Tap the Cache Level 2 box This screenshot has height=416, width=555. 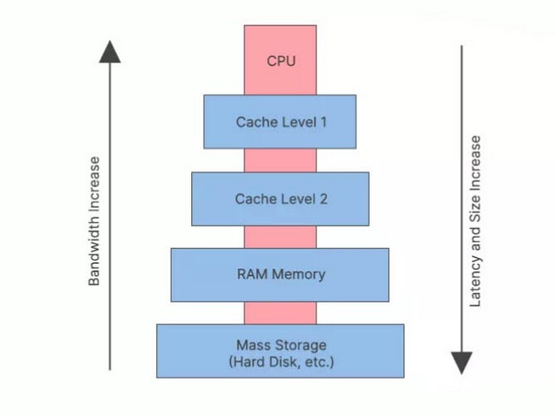[280, 199]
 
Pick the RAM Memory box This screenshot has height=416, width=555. [280, 275]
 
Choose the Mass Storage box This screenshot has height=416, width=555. [280, 351]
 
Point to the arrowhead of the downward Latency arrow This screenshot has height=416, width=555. [461, 362]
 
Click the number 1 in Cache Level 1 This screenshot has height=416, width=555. [323, 121]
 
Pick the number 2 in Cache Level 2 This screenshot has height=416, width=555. [324, 199]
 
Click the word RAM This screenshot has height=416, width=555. [252, 275]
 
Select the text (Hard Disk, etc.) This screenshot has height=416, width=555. [281, 362]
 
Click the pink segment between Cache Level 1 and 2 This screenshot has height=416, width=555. [280, 160]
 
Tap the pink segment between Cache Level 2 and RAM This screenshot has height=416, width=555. [280, 237]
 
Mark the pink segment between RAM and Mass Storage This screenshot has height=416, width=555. [280, 313]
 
